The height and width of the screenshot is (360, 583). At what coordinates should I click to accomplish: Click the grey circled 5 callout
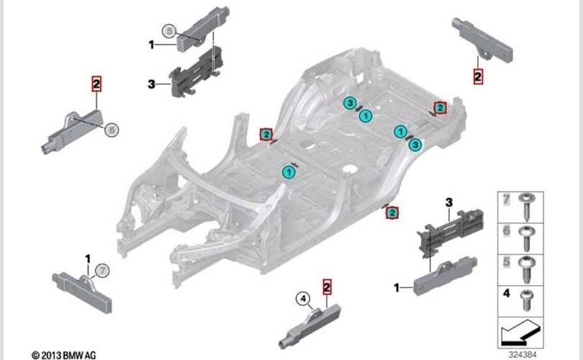pos(170,31)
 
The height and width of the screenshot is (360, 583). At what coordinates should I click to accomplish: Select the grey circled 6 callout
pos(112,130)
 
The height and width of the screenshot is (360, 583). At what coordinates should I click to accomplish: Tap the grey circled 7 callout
pos(103,271)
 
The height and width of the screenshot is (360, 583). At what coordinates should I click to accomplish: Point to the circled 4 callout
pos(303,298)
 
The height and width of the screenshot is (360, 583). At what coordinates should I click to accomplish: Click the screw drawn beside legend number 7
pos(528,206)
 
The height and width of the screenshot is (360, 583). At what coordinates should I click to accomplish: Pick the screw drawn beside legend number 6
pos(526,238)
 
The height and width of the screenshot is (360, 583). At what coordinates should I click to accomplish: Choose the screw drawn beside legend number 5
pos(526,269)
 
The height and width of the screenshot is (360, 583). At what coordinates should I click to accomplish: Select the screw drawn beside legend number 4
pos(526,300)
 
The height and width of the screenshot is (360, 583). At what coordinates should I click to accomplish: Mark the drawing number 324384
pos(523,354)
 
